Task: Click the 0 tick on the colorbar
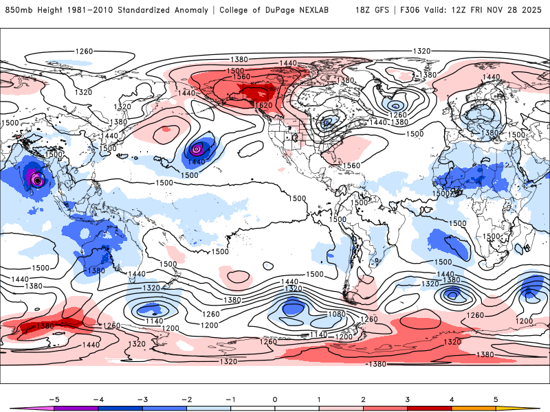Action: tap(275, 398)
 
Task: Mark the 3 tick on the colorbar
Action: tap(408, 398)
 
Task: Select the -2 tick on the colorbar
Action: tap(186, 398)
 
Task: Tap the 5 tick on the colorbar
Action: tap(496, 398)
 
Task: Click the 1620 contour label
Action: tap(264, 105)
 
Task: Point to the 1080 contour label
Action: tap(317, 314)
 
